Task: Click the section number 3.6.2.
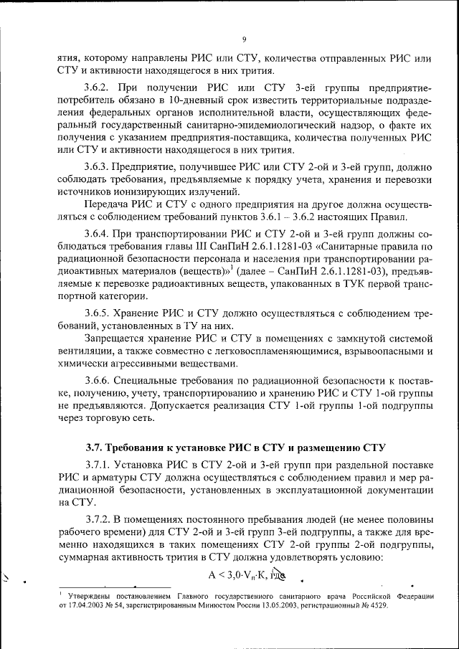pos(100,89)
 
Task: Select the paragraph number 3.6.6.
pos(100,380)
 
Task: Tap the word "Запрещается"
pos(116,336)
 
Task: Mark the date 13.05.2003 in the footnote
pos(293,605)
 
